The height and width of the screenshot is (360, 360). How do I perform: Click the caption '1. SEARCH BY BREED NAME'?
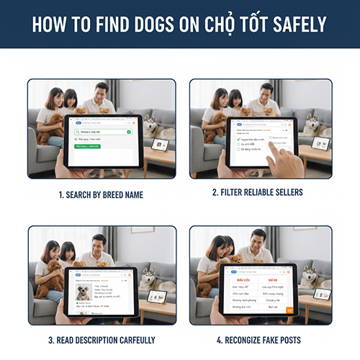click(102, 194)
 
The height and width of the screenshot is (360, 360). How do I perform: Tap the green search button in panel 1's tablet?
click(128, 132)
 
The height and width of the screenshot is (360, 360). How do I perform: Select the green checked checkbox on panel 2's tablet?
click(238, 130)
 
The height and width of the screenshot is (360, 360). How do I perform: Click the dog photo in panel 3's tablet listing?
click(84, 290)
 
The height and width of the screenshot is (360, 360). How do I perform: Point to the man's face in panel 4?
click(256, 237)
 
